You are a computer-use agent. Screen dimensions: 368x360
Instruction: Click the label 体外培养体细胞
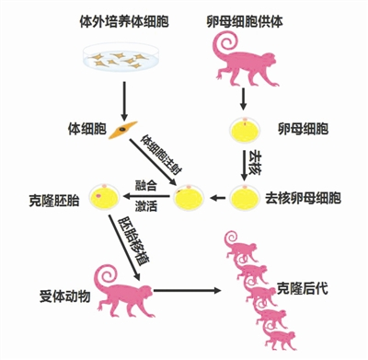124,22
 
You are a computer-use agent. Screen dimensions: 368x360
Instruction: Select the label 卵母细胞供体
245,21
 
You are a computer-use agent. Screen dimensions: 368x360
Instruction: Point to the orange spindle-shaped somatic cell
123,130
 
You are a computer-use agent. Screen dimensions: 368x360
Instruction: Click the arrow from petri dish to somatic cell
124,101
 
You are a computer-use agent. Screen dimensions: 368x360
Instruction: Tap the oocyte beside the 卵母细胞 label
246,129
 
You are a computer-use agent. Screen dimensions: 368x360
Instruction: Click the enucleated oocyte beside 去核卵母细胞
245,197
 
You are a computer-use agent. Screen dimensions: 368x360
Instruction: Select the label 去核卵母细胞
303,198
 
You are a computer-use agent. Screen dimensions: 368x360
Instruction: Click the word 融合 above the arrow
146,185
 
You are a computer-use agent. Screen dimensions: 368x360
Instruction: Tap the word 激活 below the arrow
146,206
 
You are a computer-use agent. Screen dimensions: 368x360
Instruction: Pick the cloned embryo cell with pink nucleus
104,197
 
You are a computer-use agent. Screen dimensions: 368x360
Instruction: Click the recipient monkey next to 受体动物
125,293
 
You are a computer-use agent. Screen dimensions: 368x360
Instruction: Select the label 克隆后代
302,288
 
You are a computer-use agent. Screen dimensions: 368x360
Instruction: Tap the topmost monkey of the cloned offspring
241,246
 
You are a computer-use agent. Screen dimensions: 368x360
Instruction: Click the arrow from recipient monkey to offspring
187,290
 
